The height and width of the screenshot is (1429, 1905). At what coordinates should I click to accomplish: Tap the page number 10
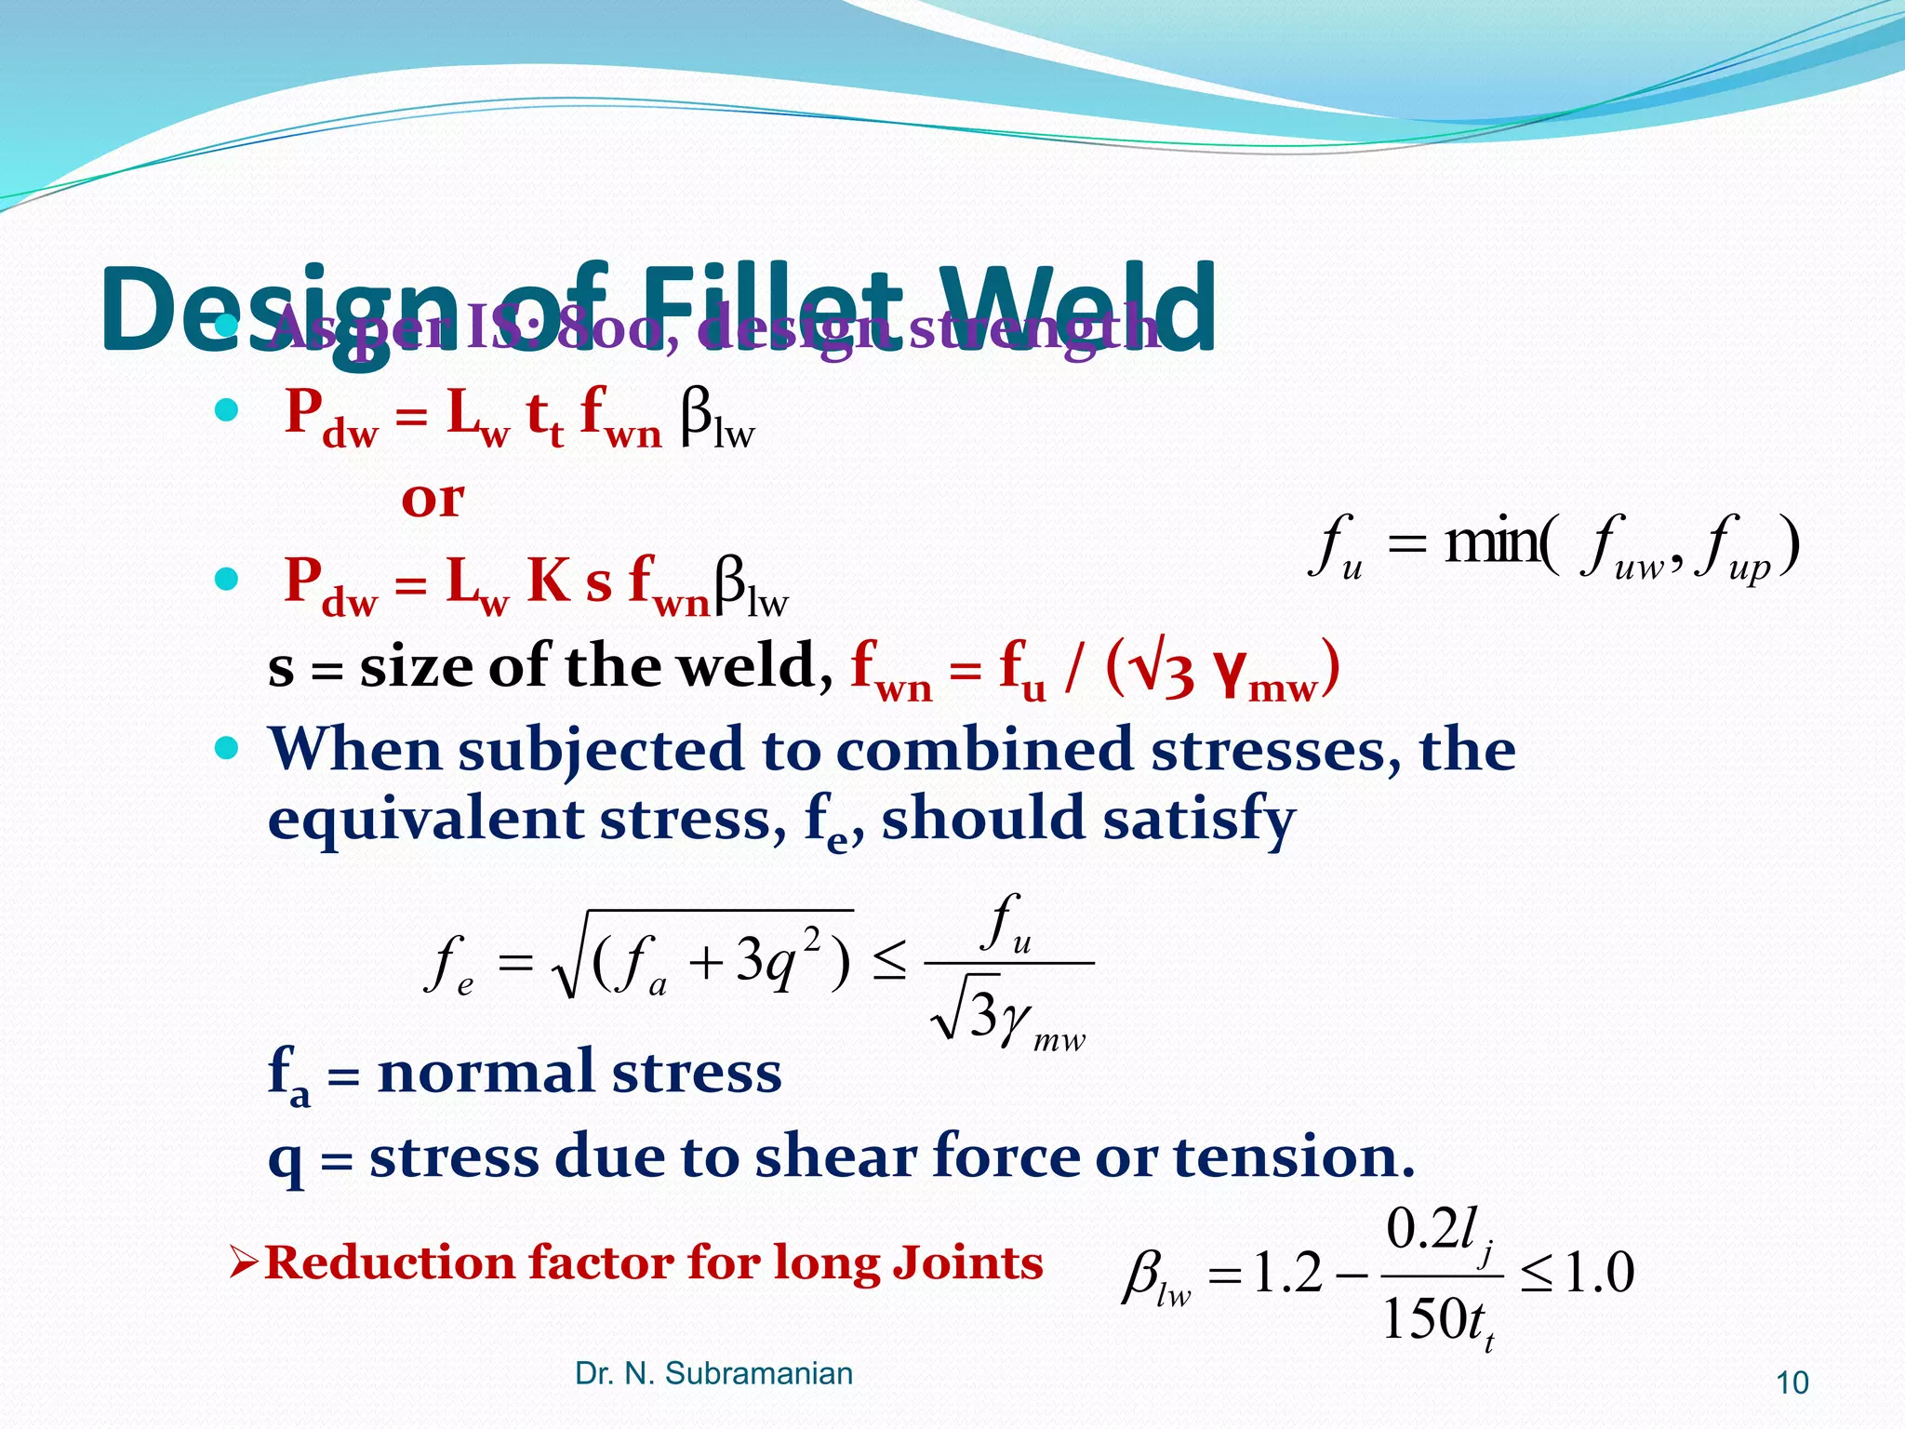1792,1383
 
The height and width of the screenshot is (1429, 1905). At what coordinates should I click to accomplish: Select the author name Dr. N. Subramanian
713,1373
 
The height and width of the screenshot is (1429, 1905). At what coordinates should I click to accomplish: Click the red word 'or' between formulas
433,500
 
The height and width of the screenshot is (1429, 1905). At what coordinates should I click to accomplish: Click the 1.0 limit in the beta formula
1599,1273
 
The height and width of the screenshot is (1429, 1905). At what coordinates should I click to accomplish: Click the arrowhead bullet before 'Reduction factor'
244,1262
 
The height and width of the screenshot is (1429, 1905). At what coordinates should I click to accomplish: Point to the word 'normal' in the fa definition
485,1072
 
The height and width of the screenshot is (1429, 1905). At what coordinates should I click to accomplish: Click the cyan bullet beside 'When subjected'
226,747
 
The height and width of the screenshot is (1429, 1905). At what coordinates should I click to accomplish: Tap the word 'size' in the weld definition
417,666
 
